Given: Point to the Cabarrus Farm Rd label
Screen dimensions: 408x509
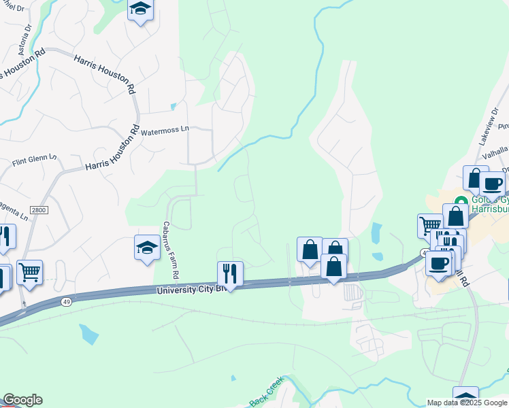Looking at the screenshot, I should click(169, 250).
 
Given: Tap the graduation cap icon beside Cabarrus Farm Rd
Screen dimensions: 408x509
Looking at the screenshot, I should click(147, 248).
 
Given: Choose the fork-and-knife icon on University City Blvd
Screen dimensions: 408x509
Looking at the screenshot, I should click(230, 273).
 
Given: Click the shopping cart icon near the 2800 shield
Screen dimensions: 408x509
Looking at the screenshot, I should click(29, 272).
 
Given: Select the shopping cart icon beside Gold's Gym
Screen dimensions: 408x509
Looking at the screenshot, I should click(430, 225).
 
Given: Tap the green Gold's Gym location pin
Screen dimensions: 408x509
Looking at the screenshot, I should click(461, 202).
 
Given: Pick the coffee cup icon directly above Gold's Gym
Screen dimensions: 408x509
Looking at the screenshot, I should click(492, 183).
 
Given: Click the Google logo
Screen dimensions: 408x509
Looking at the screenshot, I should click(22, 400).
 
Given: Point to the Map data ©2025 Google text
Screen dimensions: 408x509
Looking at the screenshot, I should click(467, 403).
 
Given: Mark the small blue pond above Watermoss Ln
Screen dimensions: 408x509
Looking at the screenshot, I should click(174, 106).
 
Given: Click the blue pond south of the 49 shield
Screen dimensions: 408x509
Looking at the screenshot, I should click(88, 333).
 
